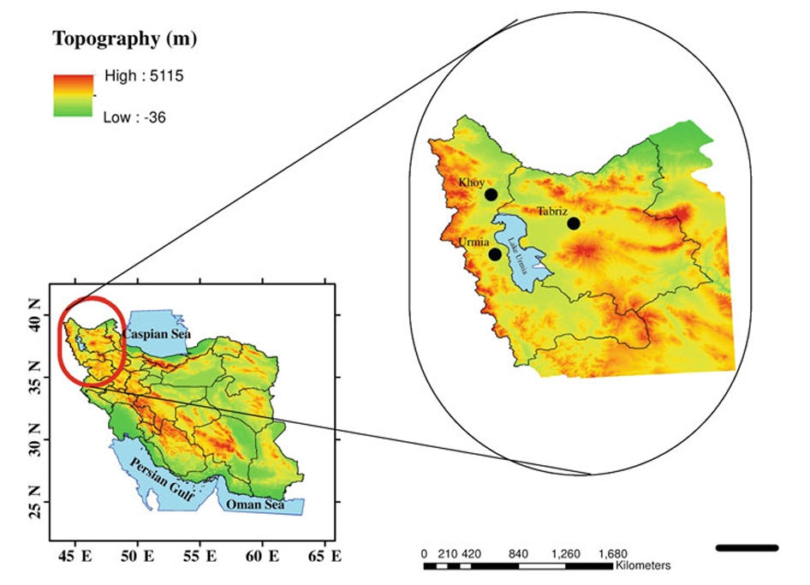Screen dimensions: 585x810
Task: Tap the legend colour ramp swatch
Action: pos(73,95)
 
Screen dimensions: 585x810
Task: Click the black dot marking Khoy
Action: pos(491,194)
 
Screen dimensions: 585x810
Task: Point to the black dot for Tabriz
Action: pos(573,224)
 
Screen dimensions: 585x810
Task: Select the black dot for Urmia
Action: pos(495,254)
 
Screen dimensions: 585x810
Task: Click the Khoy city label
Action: pos(472,182)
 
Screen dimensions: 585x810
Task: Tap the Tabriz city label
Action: pos(552,211)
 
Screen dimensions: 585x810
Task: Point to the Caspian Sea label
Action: pos(156,333)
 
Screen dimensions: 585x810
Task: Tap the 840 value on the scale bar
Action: pos(517,553)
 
